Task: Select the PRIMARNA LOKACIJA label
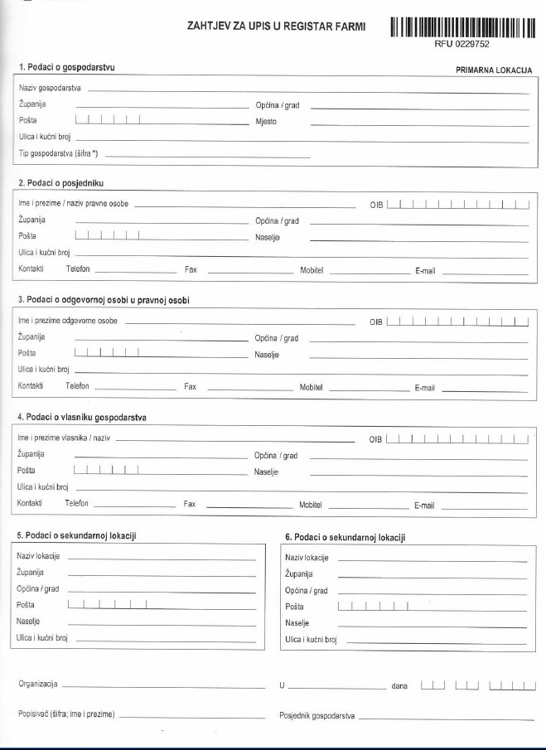(x=494, y=71)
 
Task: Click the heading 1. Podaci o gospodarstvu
(x=66, y=66)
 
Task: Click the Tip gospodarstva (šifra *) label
(x=59, y=154)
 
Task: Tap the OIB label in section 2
(x=376, y=204)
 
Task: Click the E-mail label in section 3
(x=425, y=388)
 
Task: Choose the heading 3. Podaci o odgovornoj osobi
(x=104, y=299)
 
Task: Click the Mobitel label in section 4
(x=310, y=504)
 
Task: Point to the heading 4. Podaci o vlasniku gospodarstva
(x=82, y=417)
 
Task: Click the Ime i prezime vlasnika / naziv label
(x=64, y=438)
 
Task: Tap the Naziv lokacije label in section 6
(x=307, y=558)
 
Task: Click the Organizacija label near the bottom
(x=37, y=684)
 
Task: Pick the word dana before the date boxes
(x=399, y=686)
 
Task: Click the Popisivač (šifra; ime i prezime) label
(x=66, y=714)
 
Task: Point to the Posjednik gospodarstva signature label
(x=317, y=714)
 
